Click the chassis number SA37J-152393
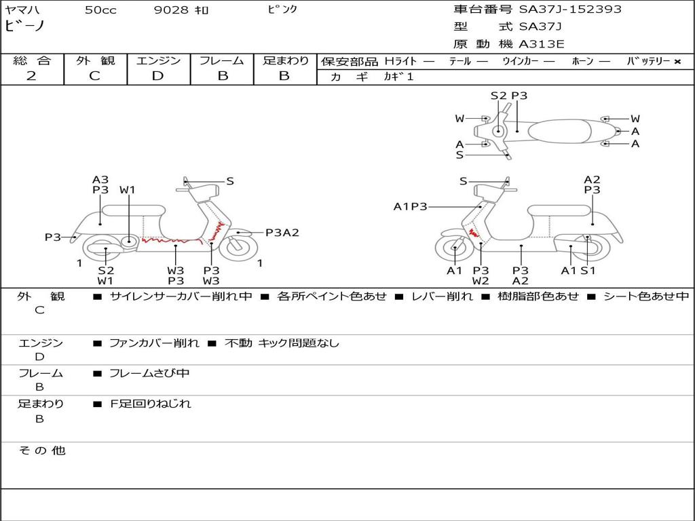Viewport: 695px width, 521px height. [570, 9]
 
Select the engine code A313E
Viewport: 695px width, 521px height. [542, 45]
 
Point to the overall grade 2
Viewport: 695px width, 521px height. [31, 76]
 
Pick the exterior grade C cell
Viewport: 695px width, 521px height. [95, 76]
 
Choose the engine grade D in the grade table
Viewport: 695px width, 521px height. [158, 76]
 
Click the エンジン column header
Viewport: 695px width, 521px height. [158, 60]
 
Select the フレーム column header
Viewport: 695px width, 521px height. [222, 60]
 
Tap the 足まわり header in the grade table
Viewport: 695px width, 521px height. [285, 60]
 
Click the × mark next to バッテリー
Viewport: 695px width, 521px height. [677, 62]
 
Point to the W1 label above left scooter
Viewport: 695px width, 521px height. [128, 190]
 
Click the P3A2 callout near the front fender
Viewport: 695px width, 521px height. [282, 233]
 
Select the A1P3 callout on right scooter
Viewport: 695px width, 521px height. [410, 206]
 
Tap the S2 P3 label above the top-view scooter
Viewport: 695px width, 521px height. [508, 96]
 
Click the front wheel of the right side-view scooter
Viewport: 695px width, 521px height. [453, 249]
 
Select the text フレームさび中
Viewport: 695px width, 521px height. [149, 373]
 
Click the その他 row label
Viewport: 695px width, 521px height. [41, 450]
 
